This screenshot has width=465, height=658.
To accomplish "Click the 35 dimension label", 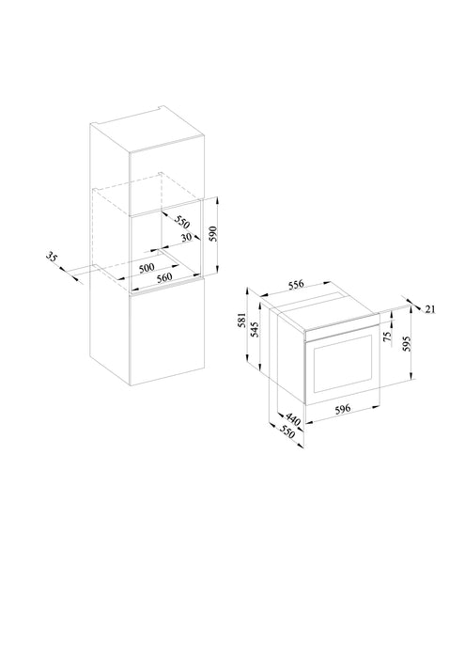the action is pyautogui.click(x=51, y=257).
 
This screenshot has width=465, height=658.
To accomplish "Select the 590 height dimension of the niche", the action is pyautogui.click(x=213, y=234).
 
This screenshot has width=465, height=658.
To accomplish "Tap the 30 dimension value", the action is pyautogui.click(x=186, y=237).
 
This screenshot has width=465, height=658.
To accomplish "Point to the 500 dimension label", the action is pyautogui.click(x=147, y=267).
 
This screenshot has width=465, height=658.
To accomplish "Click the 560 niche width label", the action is pyautogui.click(x=164, y=277).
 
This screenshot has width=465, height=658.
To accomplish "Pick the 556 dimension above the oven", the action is pyautogui.click(x=296, y=285).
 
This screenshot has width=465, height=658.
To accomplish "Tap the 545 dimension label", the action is pyautogui.click(x=254, y=330).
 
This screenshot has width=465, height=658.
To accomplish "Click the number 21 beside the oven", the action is pyautogui.click(x=430, y=309).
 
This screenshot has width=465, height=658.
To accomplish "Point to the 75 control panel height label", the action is pyautogui.click(x=387, y=336).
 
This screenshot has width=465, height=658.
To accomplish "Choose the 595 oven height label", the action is pyautogui.click(x=406, y=344).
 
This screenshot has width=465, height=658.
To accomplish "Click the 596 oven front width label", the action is pyautogui.click(x=343, y=409).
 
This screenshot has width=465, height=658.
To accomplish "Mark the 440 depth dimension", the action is pyautogui.click(x=293, y=419).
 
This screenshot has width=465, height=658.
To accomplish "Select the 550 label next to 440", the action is pyautogui.click(x=287, y=432).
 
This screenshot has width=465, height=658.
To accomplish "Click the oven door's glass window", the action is pyautogui.click(x=343, y=364).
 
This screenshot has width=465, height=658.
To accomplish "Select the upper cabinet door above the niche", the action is pyautogui.click(x=167, y=182).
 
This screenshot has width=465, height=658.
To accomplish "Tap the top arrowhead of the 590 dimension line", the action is pyautogui.click(x=218, y=199).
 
